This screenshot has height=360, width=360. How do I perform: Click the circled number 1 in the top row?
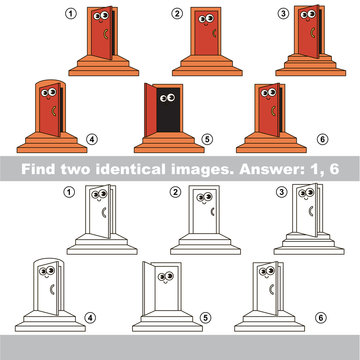coord(70,13)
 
